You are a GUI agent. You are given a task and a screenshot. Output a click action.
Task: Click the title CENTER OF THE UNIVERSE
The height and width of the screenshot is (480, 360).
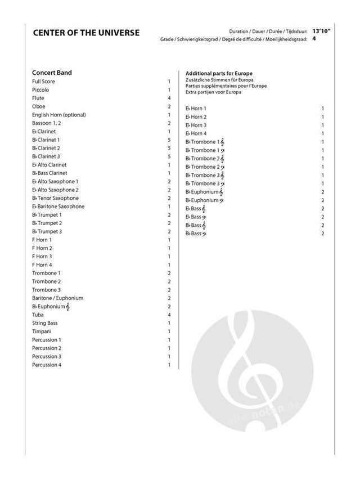click(x=86, y=33)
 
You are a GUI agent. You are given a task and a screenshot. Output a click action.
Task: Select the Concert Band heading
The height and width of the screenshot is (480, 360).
click(x=52, y=73)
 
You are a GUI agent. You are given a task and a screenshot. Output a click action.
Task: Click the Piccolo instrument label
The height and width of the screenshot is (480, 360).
click(x=40, y=89)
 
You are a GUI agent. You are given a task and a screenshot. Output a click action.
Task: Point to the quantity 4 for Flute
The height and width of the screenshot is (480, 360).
click(x=169, y=98)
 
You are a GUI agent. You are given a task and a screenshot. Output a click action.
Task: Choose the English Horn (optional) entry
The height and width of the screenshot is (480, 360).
click(x=59, y=115)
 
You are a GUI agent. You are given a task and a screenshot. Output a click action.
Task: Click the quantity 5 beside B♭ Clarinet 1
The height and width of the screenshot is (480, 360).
click(x=169, y=140)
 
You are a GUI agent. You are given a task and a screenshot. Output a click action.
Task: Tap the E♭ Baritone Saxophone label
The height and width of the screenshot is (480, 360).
click(x=58, y=207)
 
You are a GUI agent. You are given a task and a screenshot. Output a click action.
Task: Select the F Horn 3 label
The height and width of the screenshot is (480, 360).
click(x=42, y=257)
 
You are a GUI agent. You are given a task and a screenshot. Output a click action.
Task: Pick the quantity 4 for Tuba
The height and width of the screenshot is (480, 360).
click(x=169, y=315)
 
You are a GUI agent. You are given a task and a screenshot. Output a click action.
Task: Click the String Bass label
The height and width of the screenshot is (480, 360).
click(x=45, y=323)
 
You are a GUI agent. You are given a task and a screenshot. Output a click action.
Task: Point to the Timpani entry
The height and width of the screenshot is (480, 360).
click(x=42, y=331)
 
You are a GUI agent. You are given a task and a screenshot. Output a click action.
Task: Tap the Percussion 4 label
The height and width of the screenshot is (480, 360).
click(x=47, y=365)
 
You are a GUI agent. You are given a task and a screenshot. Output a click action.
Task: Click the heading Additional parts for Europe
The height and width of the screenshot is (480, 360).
click(x=219, y=74)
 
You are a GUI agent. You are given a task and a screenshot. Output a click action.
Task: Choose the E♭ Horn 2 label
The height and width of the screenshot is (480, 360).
click(x=196, y=116)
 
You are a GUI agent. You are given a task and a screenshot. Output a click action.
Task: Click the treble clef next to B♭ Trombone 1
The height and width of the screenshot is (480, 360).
click(x=223, y=142)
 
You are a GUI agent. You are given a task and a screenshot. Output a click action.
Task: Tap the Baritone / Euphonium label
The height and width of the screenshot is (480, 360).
click(x=58, y=298)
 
